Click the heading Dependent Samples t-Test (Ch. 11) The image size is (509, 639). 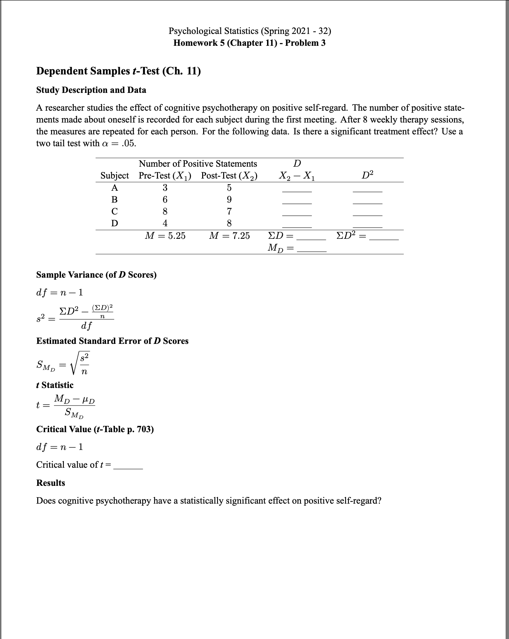pyautogui.click(x=118, y=71)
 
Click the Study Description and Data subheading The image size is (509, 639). pyautogui.click(x=91, y=90)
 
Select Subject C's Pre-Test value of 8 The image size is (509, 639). pyautogui.click(x=165, y=211)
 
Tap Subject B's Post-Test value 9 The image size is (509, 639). pyautogui.click(x=229, y=200)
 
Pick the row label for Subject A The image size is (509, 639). pyautogui.click(x=114, y=188)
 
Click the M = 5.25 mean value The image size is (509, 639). pyautogui.click(x=165, y=236)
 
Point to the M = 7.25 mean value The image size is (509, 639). pyautogui.click(x=229, y=236)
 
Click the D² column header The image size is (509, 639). pyautogui.click(x=367, y=175)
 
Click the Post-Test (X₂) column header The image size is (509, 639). pyautogui.click(x=229, y=176)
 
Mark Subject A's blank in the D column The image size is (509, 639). pyautogui.click(x=297, y=190)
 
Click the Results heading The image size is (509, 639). pyautogui.click(x=51, y=483)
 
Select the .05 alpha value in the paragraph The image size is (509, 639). pyautogui.click(x=128, y=144)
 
